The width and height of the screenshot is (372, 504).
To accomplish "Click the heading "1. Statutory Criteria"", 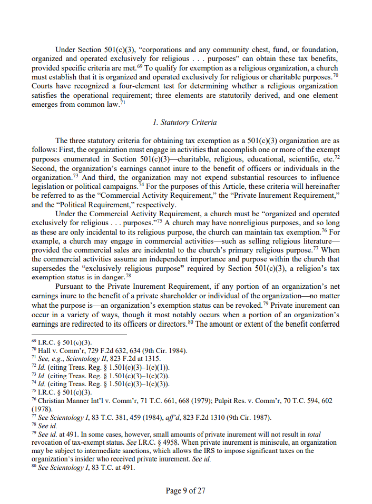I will click(x=184, y=122).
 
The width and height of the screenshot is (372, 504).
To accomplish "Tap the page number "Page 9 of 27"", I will click(x=185, y=491).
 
